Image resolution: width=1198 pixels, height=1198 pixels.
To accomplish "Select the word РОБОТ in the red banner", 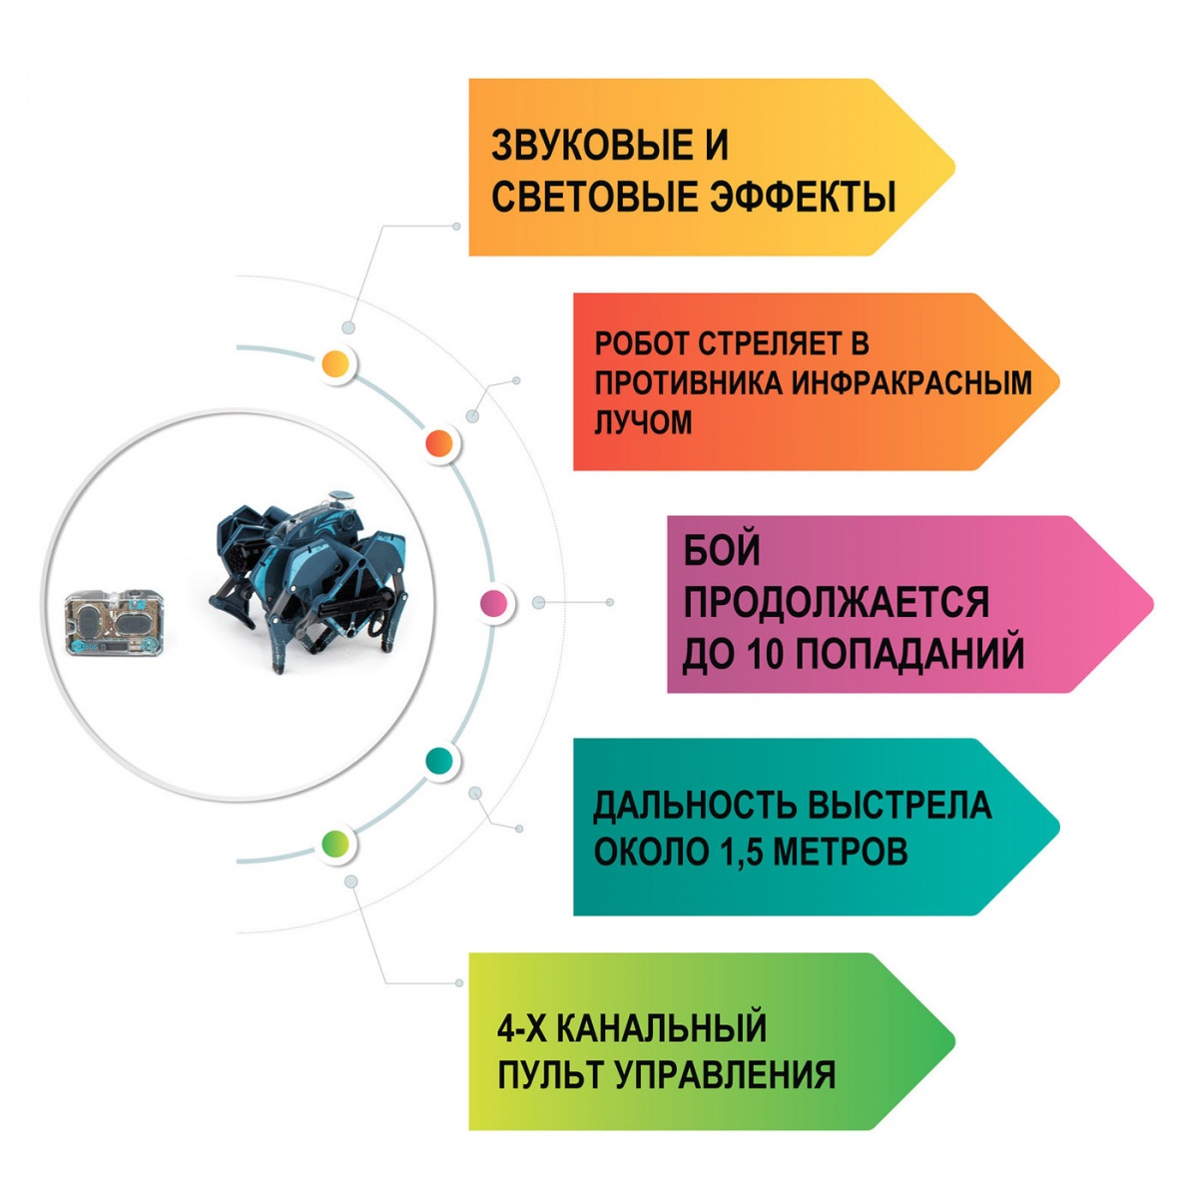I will (x=640, y=344).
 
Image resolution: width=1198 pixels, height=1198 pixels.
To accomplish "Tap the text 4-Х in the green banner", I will (x=519, y=1027).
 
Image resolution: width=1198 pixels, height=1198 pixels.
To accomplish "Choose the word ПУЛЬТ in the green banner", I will (x=548, y=1075).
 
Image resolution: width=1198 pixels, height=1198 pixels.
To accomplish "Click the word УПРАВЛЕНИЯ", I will (x=724, y=1075).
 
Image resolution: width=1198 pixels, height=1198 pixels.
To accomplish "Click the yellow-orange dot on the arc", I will (x=336, y=363).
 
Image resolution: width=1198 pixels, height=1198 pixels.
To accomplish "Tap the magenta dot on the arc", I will (x=493, y=603).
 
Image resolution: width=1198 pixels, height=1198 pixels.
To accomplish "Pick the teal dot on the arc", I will (x=438, y=762).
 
